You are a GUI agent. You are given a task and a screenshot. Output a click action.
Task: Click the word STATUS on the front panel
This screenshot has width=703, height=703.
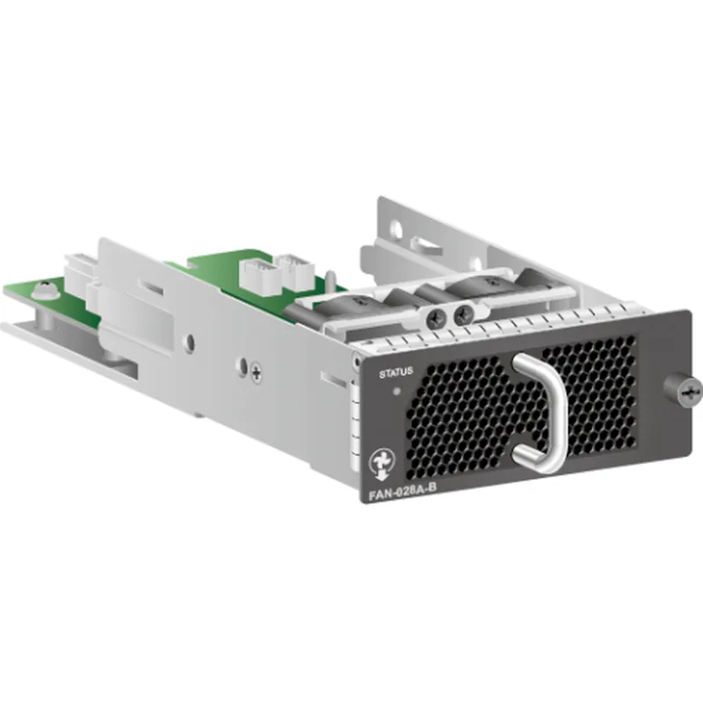click(x=395, y=373)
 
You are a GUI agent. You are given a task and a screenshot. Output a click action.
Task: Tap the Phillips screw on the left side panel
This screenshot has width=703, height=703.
click(x=256, y=372)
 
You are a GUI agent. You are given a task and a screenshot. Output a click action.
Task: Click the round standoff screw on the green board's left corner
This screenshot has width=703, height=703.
click(x=47, y=286)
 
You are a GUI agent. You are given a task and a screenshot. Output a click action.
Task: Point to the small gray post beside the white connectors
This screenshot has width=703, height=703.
click(x=330, y=279)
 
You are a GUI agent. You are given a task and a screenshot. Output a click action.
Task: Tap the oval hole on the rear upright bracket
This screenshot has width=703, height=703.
click(x=395, y=231)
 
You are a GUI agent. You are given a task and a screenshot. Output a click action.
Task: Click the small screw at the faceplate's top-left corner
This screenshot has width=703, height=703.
click(x=354, y=360)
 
